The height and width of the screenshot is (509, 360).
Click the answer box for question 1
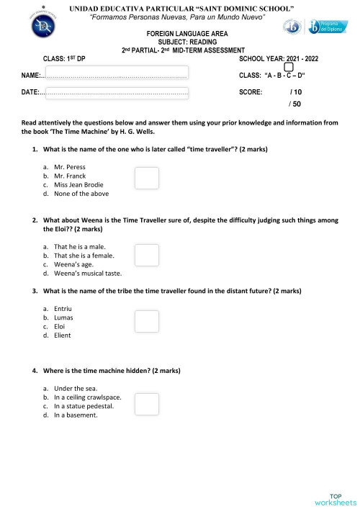147,178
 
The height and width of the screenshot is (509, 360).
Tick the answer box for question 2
147,255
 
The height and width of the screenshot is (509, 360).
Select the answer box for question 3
147,322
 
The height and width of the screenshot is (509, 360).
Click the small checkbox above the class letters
289,68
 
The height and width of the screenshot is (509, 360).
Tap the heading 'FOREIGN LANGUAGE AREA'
179,34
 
